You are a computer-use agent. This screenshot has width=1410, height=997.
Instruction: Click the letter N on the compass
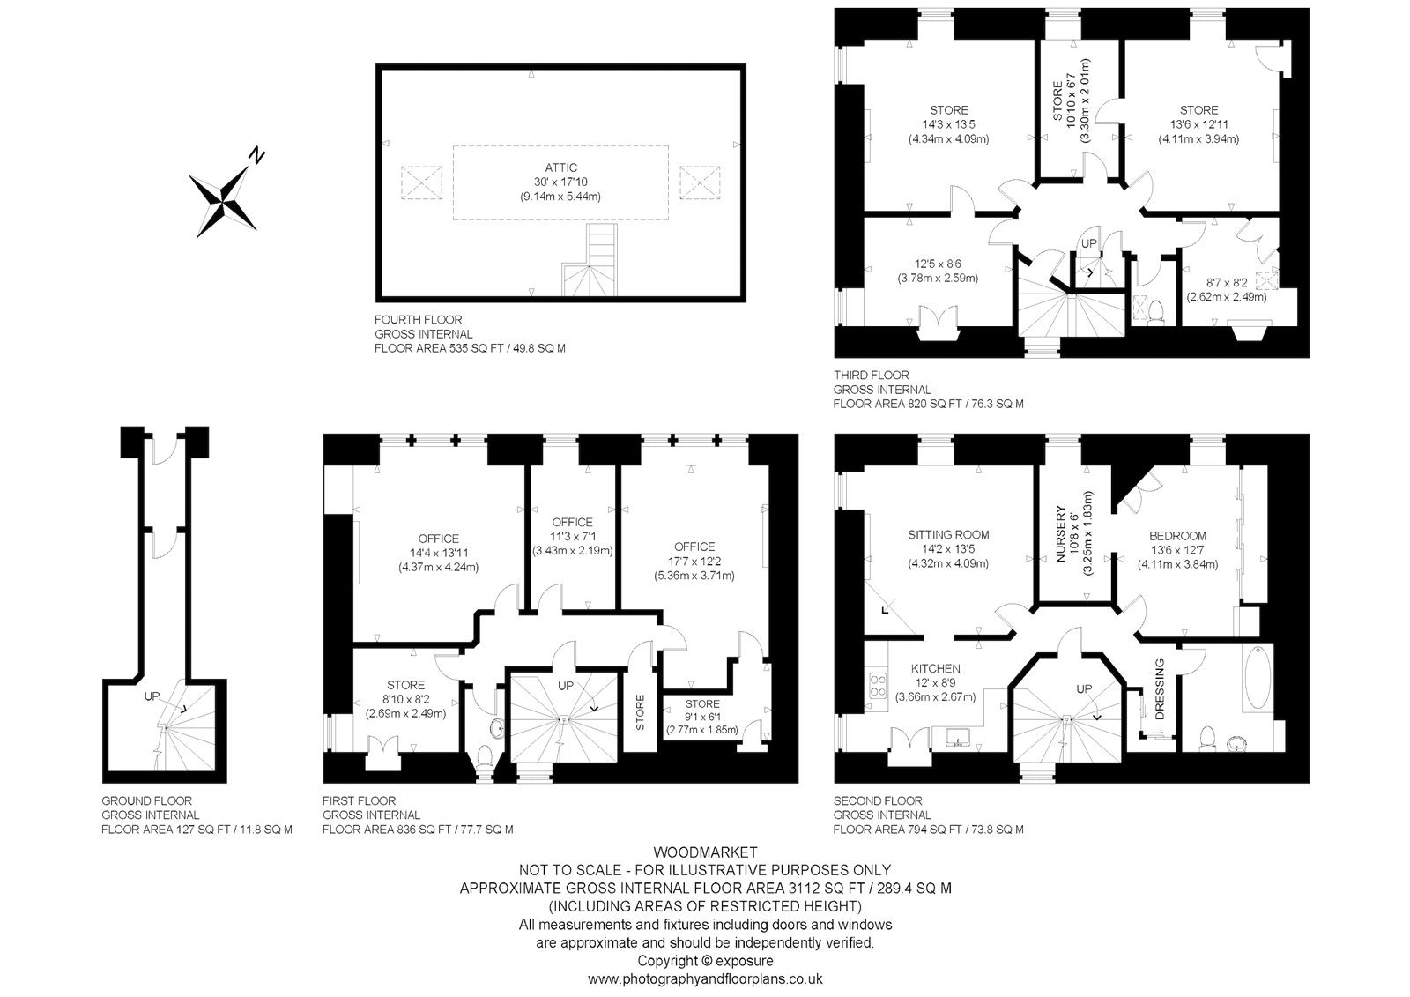pyautogui.click(x=256, y=154)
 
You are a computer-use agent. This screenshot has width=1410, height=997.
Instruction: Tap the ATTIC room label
pyautogui.click(x=560, y=167)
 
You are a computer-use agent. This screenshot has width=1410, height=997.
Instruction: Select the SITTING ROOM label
pyautogui.click(x=948, y=535)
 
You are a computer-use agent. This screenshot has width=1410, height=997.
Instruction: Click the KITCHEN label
pyautogui.click(x=935, y=668)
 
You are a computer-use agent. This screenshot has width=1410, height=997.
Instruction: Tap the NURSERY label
pyautogui.click(x=1060, y=533)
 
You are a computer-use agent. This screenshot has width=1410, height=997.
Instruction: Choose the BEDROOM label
pyautogui.click(x=1177, y=536)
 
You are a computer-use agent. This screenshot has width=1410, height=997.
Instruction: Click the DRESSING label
pyautogui.click(x=1160, y=689)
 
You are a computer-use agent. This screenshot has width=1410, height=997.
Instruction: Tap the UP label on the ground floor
pyautogui.click(x=152, y=696)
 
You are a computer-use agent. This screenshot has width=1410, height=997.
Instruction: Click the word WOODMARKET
pyautogui.click(x=705, y=852)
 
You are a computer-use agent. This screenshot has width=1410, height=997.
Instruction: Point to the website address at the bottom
pyautogui.click(x=705, y=978)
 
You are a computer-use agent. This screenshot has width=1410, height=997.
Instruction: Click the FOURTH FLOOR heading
pyautogui.click(x=418, y=319)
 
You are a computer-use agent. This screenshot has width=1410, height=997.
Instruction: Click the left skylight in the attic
pyautogui.click(x=421, y=182)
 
